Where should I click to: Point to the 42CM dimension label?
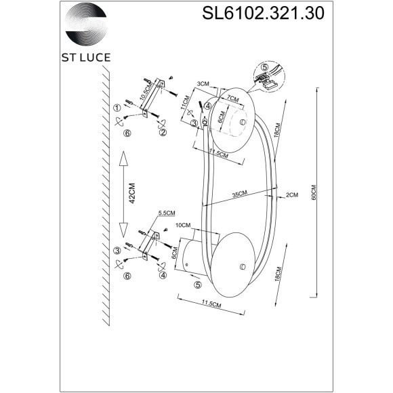click(133, 193)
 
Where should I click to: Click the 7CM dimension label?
click(232, 99)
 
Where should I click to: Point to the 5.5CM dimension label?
click(166, 212)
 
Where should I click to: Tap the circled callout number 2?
click(163, 133)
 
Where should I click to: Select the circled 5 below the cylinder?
click(197, 286)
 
